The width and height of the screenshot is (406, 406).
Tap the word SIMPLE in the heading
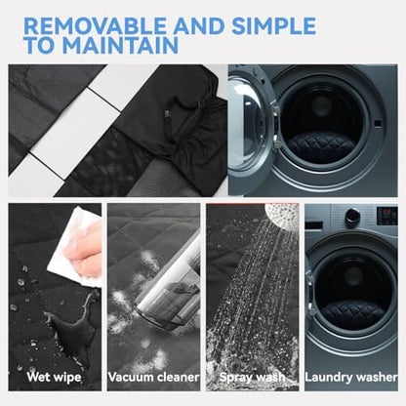[x=273, y=25]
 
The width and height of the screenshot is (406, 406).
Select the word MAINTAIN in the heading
[x=120, y=45]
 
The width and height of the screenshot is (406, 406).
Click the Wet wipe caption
[x=54, y=378]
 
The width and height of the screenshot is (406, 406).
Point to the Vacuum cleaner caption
[x=153, y=378]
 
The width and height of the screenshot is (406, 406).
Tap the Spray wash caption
[x=252, y=378]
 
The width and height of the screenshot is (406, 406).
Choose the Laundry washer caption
[x=351, y=378]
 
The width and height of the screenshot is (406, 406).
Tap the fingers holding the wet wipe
[x=85, y=247]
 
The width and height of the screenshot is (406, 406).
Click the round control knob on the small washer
[x=352, y=216]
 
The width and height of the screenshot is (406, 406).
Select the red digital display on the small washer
[x=387, y=216]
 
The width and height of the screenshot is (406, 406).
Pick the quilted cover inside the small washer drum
[x=353, y=313]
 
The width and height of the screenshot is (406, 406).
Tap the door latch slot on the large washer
[x=378, y=124]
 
